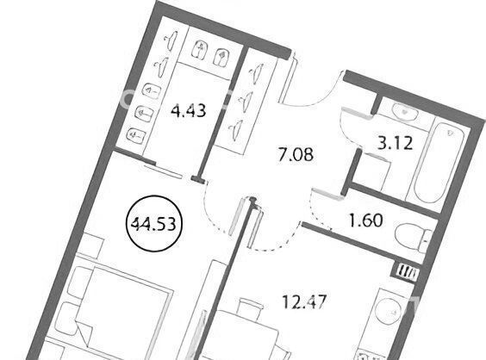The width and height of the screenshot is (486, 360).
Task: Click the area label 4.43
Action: click(189, 110)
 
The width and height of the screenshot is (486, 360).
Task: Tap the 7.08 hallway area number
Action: click(296, 155)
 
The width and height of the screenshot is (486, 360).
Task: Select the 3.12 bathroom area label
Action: click(396, 144)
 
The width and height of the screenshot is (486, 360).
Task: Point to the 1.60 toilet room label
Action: click(365, 220)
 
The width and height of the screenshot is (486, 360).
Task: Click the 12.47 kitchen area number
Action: click(304, 301)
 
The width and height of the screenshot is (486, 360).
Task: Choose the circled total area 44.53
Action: click(153, 223)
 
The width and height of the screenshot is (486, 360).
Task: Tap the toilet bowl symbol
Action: click(413, 238)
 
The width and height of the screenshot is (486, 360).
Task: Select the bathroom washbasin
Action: click(405, 111)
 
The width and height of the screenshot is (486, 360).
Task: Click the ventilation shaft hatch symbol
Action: click(408, 273)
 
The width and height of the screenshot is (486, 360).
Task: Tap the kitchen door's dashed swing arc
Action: click(276, 241)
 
